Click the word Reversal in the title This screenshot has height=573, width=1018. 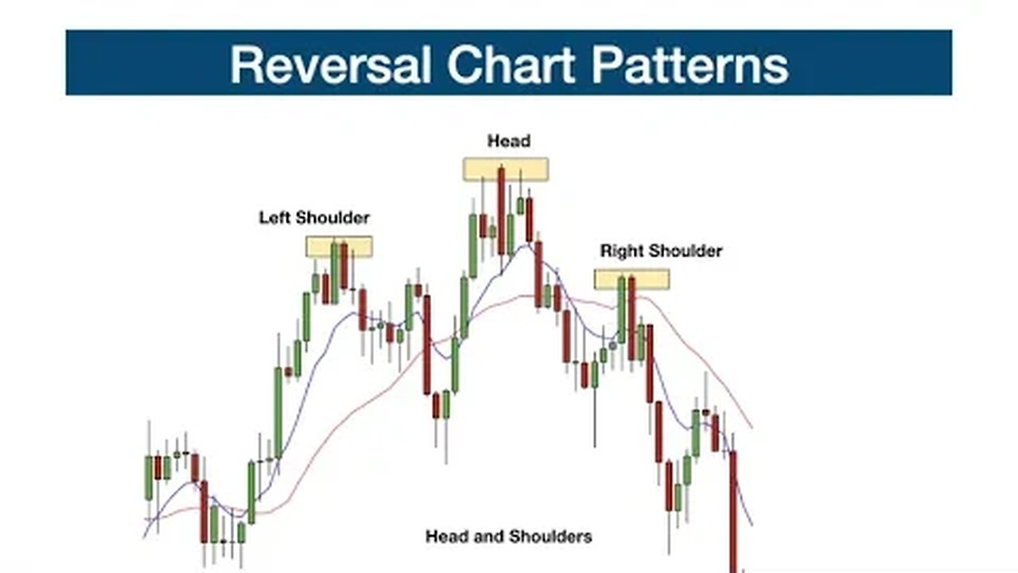[x=331, y=64]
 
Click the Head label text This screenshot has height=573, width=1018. [x=508, y=142]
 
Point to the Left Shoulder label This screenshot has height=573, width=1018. [x=314, y=217]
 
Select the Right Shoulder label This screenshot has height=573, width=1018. [x=661, y=251]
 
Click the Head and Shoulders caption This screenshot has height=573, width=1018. [x=508, y=536]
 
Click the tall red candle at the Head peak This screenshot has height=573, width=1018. [x=502, y=211]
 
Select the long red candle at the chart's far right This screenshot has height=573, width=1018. [x=733, y=509]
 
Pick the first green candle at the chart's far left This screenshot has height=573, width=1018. [x=149, y=477]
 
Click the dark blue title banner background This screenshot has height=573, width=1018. [x=119, y=63]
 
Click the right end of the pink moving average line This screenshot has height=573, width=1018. [x=752, y=427]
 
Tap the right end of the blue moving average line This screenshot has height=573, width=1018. [x=752, y=524]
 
